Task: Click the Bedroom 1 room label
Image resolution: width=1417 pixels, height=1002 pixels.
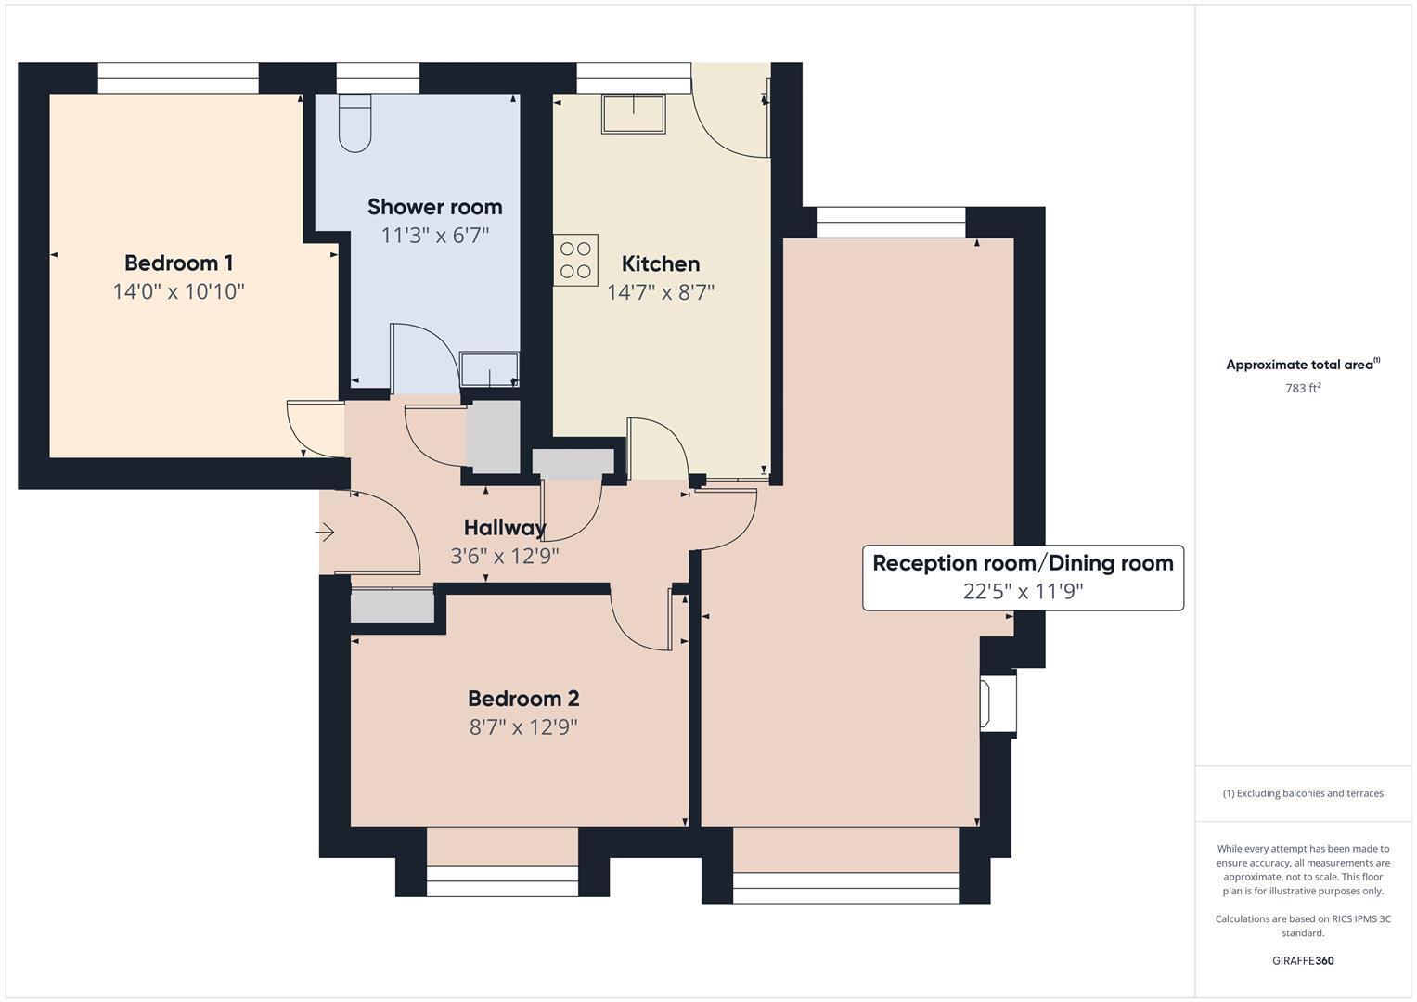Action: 178,263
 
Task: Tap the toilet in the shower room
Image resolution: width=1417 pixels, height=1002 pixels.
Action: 354,122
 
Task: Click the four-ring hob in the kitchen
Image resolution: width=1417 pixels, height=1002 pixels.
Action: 575,260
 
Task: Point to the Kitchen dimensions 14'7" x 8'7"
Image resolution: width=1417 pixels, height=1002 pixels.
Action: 660,293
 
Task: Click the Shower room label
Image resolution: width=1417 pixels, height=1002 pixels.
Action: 434,207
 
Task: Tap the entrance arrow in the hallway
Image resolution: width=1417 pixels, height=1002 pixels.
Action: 325,533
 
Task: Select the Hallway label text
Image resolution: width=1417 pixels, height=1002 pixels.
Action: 504,528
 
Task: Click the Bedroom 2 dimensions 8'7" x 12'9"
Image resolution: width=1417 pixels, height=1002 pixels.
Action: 523,726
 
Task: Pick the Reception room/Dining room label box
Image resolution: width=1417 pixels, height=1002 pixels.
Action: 1023,577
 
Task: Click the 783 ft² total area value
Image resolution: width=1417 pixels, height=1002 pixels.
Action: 1302,389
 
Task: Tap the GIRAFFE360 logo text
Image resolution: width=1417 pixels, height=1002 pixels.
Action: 1302,961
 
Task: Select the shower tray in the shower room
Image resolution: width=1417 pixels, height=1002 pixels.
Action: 489,369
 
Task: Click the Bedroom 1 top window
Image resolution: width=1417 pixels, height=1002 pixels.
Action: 177,78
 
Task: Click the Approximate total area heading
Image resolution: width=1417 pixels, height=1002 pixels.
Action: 1302,365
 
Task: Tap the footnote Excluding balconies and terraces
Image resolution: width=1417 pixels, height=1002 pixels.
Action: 1302,793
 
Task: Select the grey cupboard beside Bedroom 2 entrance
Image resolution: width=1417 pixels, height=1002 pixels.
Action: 393,606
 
